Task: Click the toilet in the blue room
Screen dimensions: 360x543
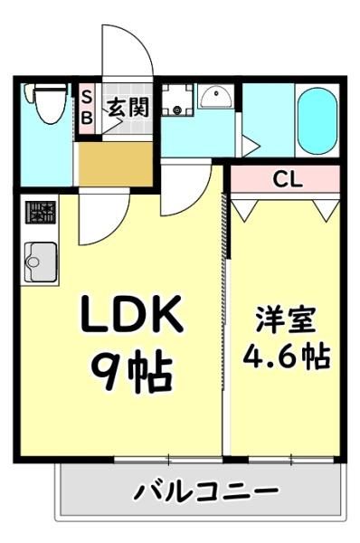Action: [x=46, y=103]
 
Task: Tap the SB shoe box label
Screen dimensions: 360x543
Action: [x=87, y=109]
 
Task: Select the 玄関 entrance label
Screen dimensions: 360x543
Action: [x=128, y=108]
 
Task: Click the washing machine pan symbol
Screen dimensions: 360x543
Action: [x=177, y=100]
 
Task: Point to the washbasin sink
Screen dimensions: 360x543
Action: [x=216, y=96]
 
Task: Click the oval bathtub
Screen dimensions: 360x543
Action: [x=317, y=121]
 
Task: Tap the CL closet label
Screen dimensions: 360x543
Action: [x=288, y=180]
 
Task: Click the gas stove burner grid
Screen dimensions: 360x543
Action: [x=41, y=213]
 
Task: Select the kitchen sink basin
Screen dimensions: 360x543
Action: [x=41, y=262]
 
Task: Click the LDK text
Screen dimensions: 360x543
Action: [x=132, y=313]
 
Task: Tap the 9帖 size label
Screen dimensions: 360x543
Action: [x=132, y=370]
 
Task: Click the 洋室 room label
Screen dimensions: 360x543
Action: [x=286, y=319]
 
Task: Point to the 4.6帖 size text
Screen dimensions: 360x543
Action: [x=287, y=357]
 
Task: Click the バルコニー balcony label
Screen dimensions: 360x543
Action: [x=206, y=491]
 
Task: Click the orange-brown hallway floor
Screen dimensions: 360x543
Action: [x=116, y=164]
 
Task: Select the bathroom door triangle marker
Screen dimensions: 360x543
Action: [x=251, y=146]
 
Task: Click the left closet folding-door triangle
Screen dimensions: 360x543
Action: [x=245, y=210]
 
